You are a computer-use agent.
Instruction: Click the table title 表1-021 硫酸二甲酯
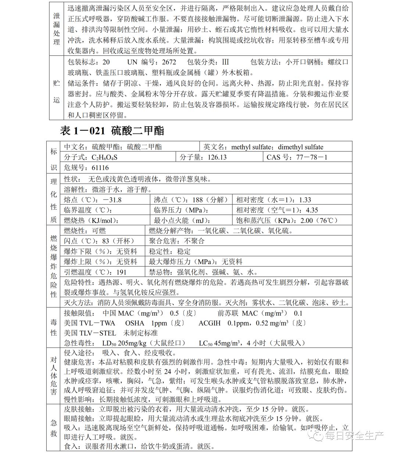tap(112, 131)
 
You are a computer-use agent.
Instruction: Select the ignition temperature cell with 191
tap(95, 272)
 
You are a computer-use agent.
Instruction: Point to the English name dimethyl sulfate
tap(300, 147)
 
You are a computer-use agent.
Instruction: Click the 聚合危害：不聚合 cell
tap(176, 241)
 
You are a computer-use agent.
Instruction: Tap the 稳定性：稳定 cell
tap(169, 252)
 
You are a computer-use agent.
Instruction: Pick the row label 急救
tap(54, 428)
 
